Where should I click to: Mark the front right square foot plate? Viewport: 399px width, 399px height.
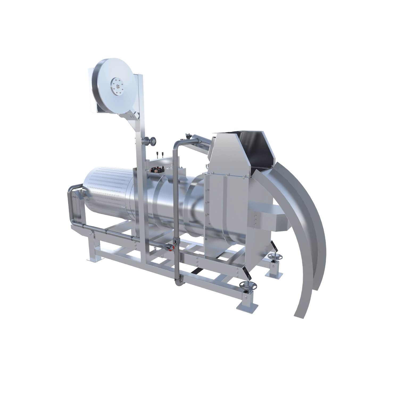point(246,306)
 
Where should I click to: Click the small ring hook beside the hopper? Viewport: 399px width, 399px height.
point(207,166)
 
